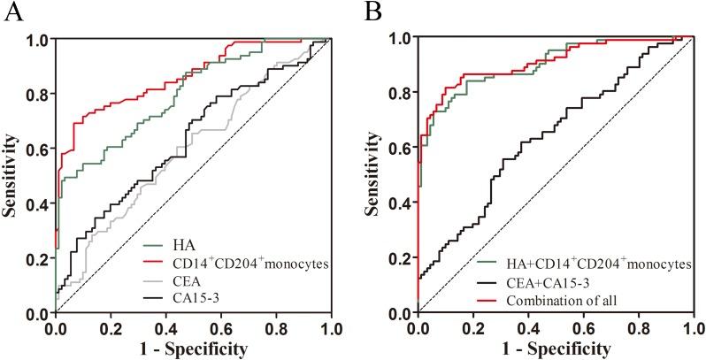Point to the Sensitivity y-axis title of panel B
coord(375,175)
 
